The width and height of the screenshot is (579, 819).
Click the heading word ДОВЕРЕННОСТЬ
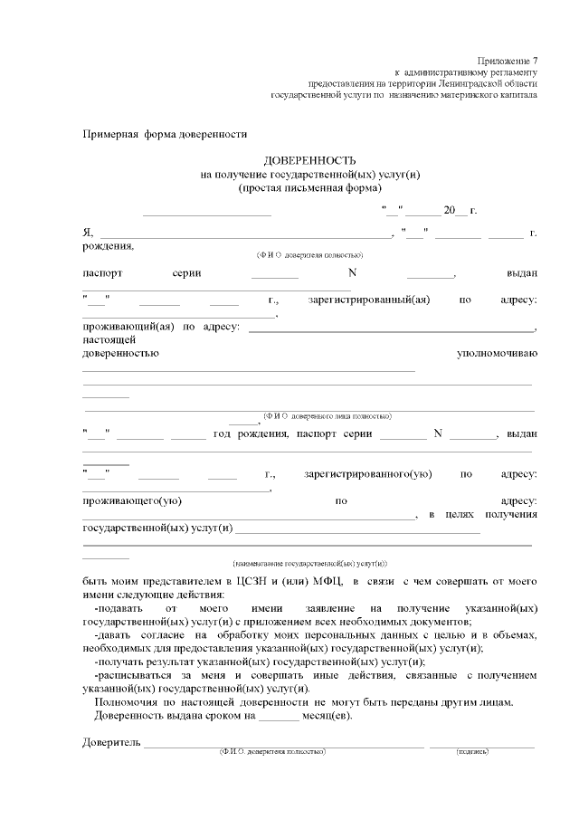coord(310,159)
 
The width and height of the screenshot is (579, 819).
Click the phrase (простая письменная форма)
coord(310,187)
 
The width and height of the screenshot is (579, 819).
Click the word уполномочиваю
coord(497,353)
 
